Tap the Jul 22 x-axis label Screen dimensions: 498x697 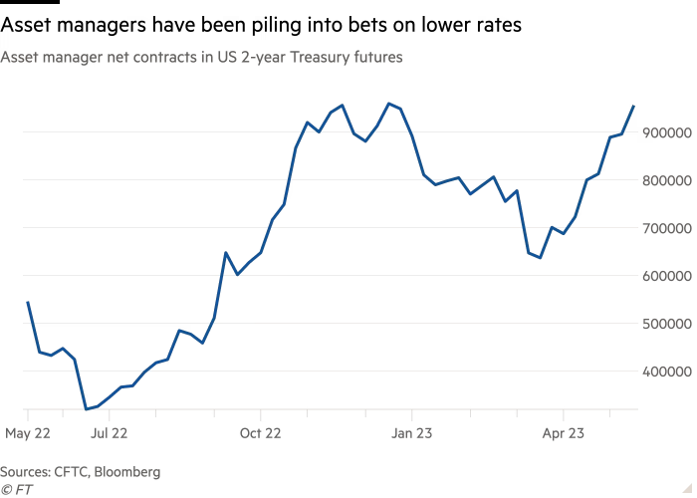pos(108,433)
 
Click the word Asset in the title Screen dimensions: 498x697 pos(19,59)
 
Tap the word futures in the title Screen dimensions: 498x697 pos(374,59)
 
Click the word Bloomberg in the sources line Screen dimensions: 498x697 pos(126,472)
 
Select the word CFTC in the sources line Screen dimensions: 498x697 pos(71,472)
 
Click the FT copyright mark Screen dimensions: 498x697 pos(17,489)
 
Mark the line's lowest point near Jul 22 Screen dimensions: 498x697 pos(88,408)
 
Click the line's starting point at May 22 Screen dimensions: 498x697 pos(28,301)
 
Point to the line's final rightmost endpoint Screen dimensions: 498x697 pos(634,106)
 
